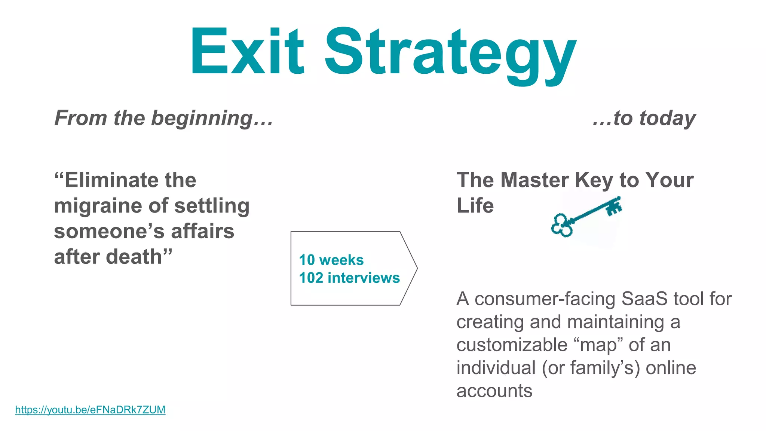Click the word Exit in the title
click(247, 51)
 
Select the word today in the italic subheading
click(667, 119)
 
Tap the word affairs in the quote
click(202, 231)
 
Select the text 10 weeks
click(331, 260)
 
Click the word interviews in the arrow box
click(364, 278)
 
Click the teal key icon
click(585, 217)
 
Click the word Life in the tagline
click(475, 206)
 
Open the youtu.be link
click(90, 410)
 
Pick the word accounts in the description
click(494, 391)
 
